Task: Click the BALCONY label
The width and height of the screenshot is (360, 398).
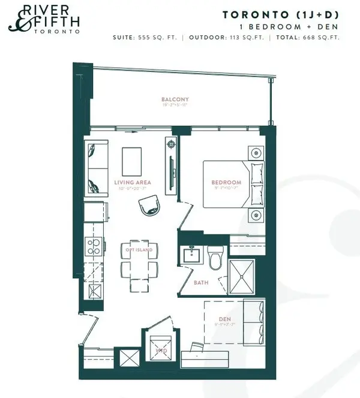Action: (x=175, y=99)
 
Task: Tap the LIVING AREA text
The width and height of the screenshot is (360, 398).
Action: (x=133, y=182)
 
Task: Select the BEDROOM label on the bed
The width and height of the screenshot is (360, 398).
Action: (x=226, y=182)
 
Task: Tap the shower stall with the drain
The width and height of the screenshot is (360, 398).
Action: (x=242, y=277)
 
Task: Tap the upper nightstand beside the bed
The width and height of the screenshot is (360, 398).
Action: (x=256, y=152)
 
